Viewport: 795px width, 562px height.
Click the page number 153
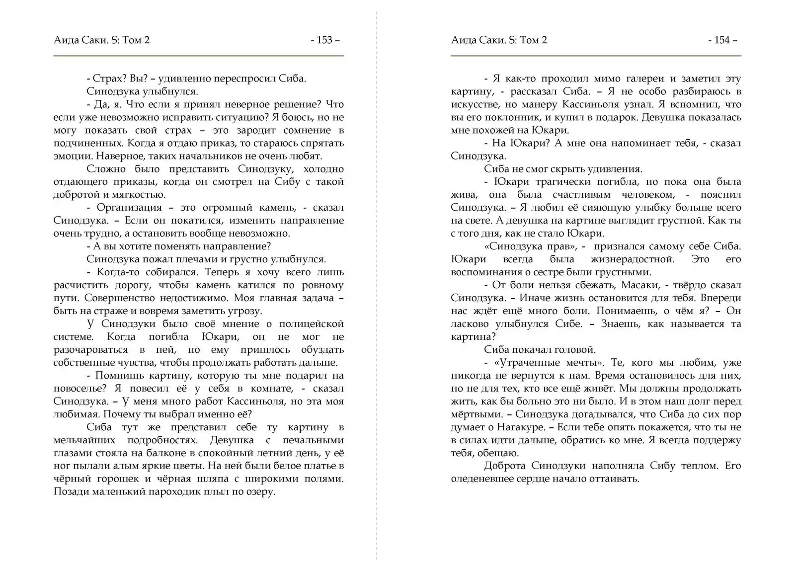[x=325, y=40]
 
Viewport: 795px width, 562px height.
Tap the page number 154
[x=722, y=40]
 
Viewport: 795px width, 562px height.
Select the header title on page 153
[x=101, y=40]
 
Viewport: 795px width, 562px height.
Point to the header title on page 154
[x=499, y=40]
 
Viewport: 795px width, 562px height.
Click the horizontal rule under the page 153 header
[x=199, y=56]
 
